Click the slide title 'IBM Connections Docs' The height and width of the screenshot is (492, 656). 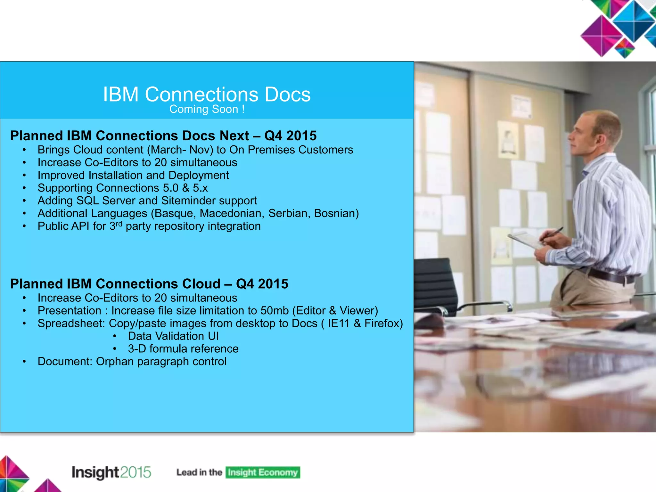coord(207,94)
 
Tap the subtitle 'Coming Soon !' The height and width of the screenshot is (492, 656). coord(207,109)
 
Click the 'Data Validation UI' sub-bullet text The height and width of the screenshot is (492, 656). coord(173,336)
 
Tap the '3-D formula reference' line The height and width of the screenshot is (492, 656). coord(183,349)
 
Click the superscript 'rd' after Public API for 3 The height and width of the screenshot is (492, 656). coord(119,224)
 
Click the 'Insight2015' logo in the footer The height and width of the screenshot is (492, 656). coord(111,472)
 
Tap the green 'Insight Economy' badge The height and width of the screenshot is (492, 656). coord(263,472)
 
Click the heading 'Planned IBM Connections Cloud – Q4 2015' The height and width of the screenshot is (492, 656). coord(149,284)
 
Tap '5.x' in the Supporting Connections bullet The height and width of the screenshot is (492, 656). coord(200,188)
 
